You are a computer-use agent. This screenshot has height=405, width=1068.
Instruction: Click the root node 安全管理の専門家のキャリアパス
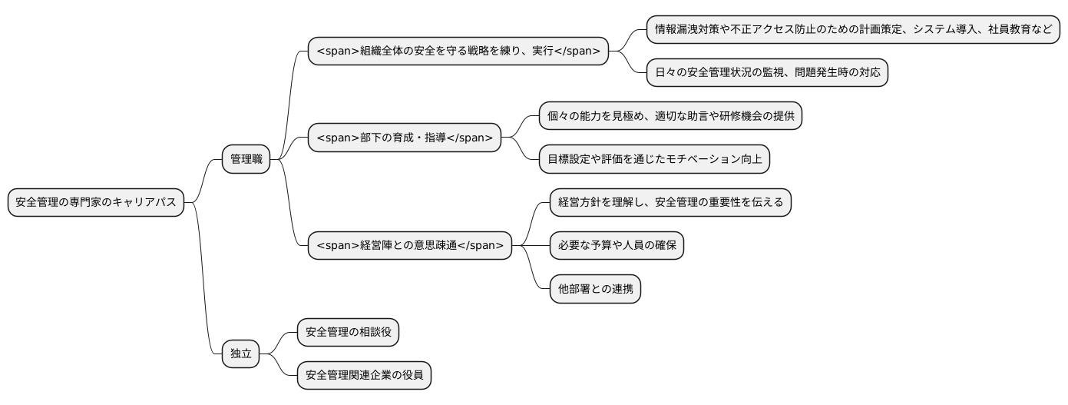(x=96, y=203)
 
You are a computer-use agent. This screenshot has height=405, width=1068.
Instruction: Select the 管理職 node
(x=246, y=160)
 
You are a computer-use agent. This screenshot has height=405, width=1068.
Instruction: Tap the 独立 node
(x=240, y=354)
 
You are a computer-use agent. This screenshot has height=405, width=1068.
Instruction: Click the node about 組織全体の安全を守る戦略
(x=458, y=51)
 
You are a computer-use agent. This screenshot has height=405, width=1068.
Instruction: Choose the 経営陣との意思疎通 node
(x=409, y=246)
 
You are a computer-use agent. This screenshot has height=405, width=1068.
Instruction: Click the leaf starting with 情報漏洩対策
(x=854, y=30)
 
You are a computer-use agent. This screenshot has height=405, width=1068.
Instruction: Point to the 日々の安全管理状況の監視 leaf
(x=766, y=73)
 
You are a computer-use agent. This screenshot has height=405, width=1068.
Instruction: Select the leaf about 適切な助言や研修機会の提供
(x=670, y=116)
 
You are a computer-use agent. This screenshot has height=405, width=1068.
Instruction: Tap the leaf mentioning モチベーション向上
(x=654, y=159)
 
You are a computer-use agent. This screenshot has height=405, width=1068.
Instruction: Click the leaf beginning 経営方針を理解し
(x=670, y=202)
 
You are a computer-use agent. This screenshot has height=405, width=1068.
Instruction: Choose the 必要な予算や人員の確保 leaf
(x=617, y=246)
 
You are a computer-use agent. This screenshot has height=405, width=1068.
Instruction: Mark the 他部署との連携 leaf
(x=595, y=289)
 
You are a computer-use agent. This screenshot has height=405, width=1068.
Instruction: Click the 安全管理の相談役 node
(x=348, y=332)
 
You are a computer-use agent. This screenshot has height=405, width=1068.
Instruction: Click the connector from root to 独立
(x=204, y=292)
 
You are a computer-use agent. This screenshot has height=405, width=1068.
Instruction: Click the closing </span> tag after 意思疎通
(x=481, y=246)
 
